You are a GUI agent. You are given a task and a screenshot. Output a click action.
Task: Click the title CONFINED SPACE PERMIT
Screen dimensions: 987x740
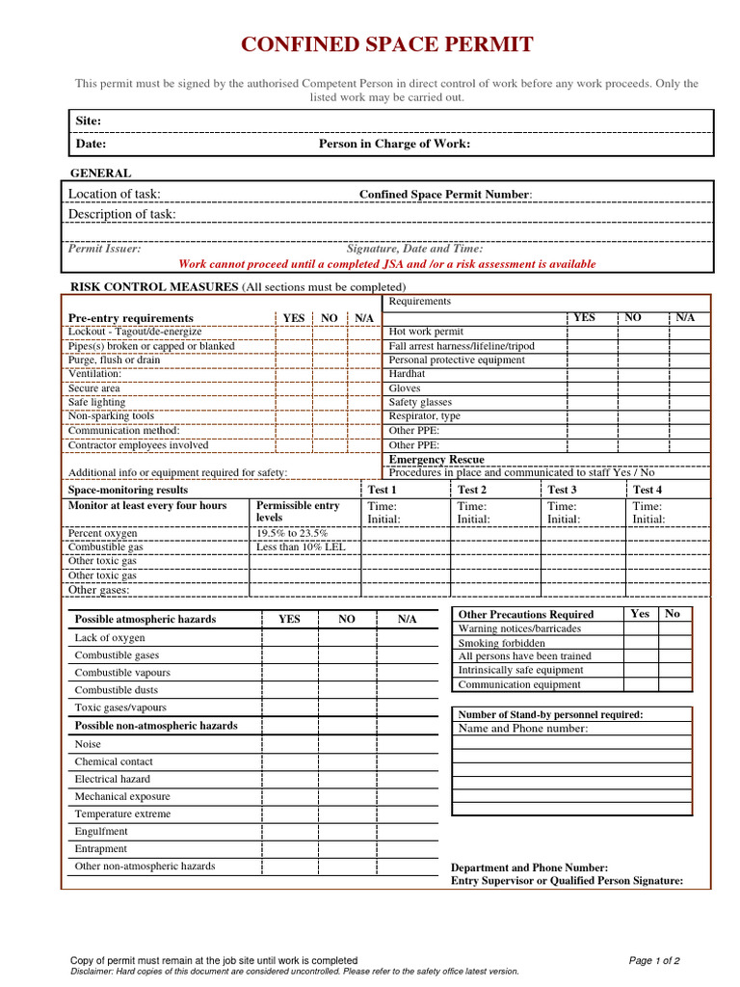pyautogui.click(x=386, y=44)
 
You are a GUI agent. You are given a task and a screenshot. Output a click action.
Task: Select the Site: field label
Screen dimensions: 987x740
pyautogui.click(x=89, y=120)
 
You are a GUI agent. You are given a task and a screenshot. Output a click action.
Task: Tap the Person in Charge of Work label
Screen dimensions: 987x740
pyautogui.click(x=394, y=144)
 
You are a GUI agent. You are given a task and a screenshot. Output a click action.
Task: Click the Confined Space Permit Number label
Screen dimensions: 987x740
pyautogui.click(x=445, y=195)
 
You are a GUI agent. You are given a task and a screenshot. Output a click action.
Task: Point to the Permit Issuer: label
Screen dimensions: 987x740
pyautogui.click(x=104, y=248)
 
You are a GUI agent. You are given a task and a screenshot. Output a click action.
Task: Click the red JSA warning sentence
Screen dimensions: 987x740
pyautogui.click(x=387, y=264)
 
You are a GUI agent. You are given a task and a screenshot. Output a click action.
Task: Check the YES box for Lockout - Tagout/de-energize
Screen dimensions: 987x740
pyautogui.click(x=293, y=332)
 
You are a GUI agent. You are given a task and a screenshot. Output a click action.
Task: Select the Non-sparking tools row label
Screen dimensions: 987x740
pyautogui.click(x=111, y=416)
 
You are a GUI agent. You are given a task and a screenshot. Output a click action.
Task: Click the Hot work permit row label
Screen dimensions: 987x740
pyautogui.click(x=426, y=332)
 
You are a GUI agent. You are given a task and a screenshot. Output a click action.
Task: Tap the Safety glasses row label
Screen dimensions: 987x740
pyautogui.click(x=420, y=402)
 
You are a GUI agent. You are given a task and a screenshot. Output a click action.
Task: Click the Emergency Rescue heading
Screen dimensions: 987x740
pyautogui.click(x=436, y=460)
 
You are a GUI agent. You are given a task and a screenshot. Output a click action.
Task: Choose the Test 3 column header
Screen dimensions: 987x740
pyautogui.click(x=562, y=490)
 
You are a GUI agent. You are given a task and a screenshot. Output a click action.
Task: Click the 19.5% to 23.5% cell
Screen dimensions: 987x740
pyautogui.click(x=292, y=533)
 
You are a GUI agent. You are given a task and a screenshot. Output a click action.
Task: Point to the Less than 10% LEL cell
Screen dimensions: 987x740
pyautogui.click(x=300, y=547)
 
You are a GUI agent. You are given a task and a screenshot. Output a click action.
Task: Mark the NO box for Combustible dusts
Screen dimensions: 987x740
pyautogui.click(x=346, y=690)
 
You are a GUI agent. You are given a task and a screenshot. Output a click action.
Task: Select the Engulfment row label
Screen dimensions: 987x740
pyautogui.click(x=101, y=831)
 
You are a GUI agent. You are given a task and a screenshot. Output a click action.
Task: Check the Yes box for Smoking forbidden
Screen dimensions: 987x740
pyautogui.click(x=640, y=643)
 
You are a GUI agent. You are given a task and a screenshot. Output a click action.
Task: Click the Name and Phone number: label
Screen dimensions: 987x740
pyautogui.click(x=522, y=729)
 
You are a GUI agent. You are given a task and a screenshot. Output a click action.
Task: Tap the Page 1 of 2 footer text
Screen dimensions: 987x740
pyautogui.click(x=654, y=960)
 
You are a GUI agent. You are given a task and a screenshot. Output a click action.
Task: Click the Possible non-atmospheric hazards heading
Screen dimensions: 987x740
pyautogui.click(x=156, y=726)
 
